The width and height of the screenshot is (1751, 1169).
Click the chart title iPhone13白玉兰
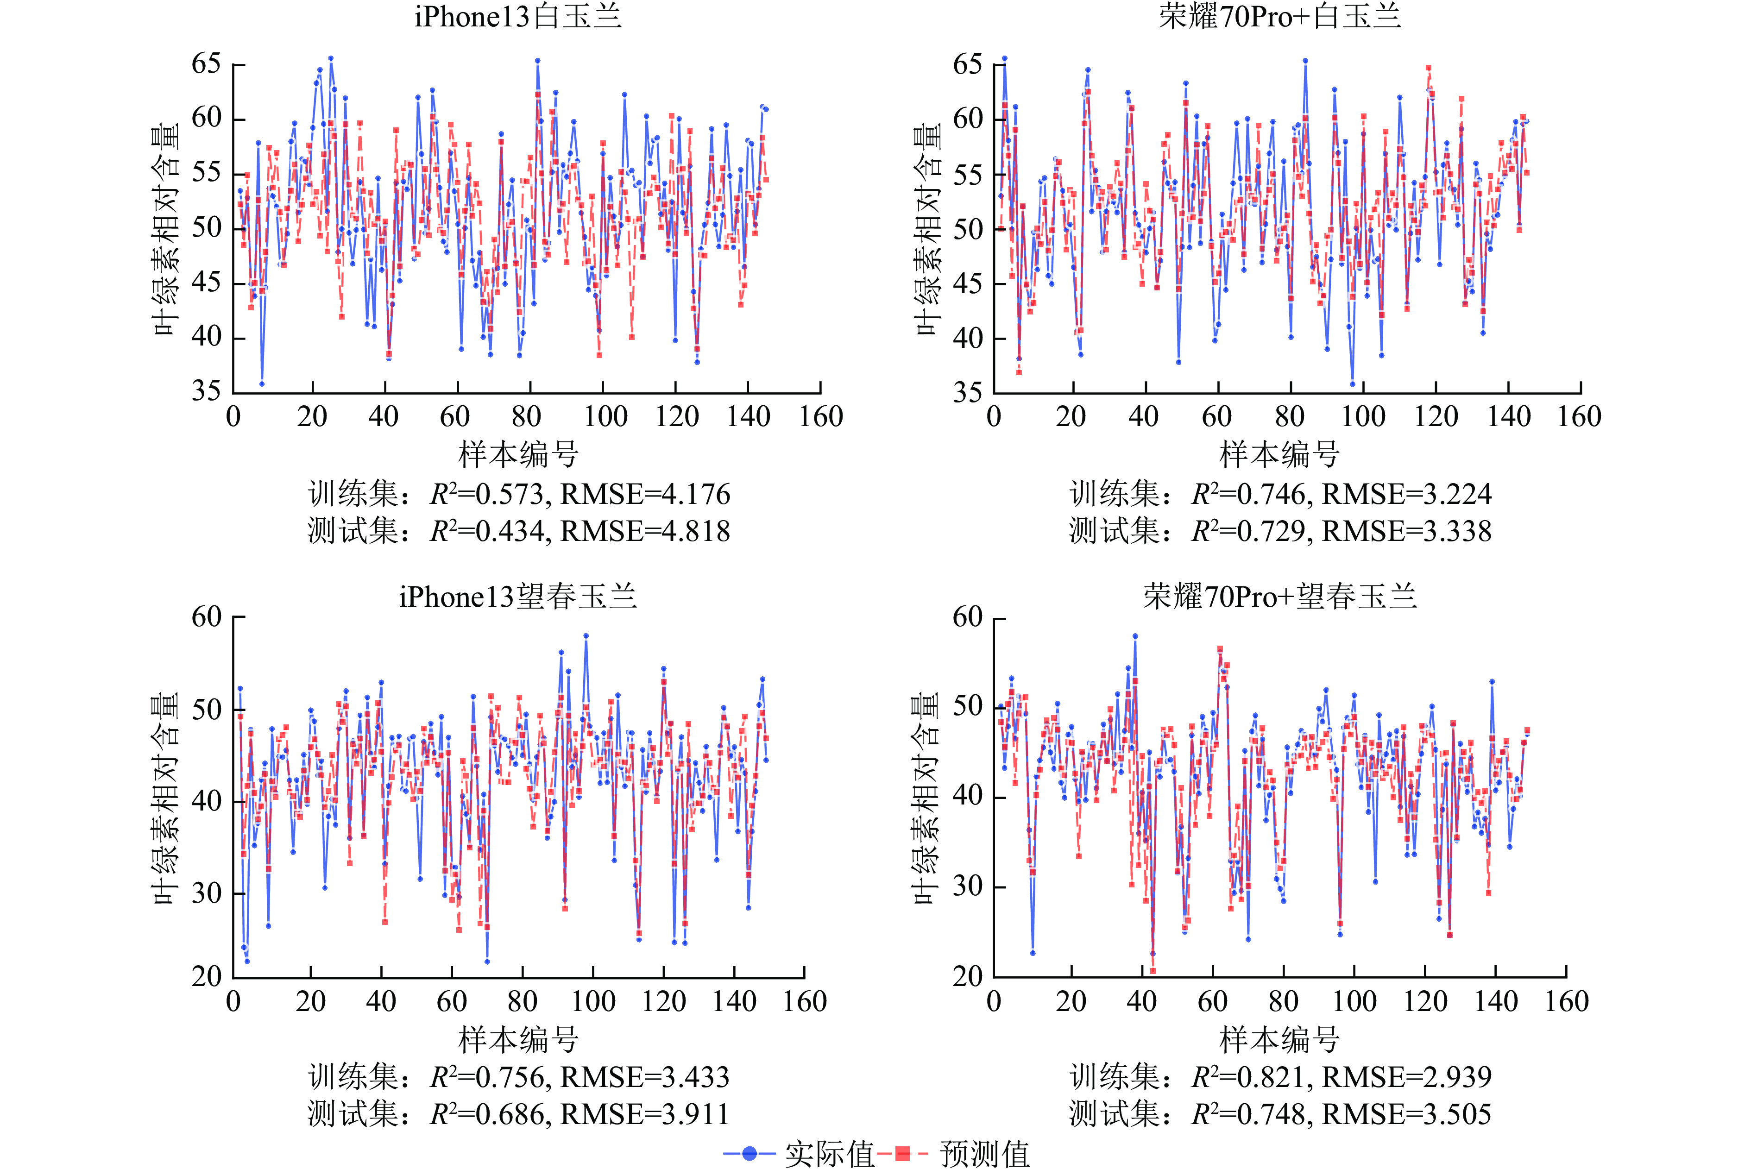(x=518, y=16)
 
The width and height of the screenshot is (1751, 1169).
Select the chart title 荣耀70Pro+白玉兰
(x=1280, y=16)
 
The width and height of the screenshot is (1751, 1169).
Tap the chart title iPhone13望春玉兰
(x=518, y=597)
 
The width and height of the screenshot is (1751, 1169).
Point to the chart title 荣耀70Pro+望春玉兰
(x=1280, y=597)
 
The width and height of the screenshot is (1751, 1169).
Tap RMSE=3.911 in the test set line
(x=645, y=1114)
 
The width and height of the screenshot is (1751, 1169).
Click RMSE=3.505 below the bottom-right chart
(x=1407, y=1114)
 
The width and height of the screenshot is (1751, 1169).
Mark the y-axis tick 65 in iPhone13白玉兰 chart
(x=207, y=64)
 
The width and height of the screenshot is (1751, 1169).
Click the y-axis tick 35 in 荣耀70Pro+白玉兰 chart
(x=968, y=392)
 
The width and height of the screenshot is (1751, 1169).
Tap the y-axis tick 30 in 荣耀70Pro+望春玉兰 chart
(x=968, y=886)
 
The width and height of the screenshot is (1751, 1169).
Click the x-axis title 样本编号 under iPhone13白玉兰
(x=518, y=454)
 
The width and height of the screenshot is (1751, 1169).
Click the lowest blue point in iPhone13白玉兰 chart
(x=262, y=384)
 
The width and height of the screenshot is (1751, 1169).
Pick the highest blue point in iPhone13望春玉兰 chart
(x=586, y=636)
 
